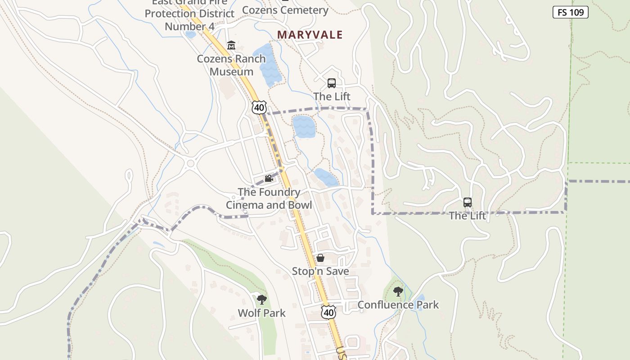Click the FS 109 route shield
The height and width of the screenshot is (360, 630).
click(x=570, y=12)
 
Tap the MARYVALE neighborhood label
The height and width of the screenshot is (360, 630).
click(x=310, y=35)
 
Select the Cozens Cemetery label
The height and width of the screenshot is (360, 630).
click(x=285, y=10)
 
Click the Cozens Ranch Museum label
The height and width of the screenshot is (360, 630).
click(x=231, y=65)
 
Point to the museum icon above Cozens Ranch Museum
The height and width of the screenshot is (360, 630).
click(x=231, y=45)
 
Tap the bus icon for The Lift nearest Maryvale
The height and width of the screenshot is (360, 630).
click(x=332, y=83)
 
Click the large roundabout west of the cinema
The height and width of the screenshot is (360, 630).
click(x=190, y=163)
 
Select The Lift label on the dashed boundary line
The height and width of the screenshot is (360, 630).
click(x=468, y=216)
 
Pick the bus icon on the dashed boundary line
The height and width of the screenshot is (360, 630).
click(x=468, y=202)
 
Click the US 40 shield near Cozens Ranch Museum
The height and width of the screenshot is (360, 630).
click(x=259, y=108)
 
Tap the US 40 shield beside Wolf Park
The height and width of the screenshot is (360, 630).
click(x=329, y=312)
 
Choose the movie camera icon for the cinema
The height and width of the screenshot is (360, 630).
click(x=269, y=179)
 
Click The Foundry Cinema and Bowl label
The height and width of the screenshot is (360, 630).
click(x=269, y=198)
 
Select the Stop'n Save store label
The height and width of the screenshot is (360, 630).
click(x=320, y=271)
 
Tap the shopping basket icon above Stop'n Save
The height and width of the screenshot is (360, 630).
click(x=320, y=258)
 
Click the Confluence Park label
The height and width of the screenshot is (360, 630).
click(x=398, y=305)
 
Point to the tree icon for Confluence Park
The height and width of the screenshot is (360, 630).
click(x=398, y=292)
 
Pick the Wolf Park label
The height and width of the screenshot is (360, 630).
click(x=261, y=313)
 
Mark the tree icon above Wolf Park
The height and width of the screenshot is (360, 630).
click(x=261, y=299)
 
